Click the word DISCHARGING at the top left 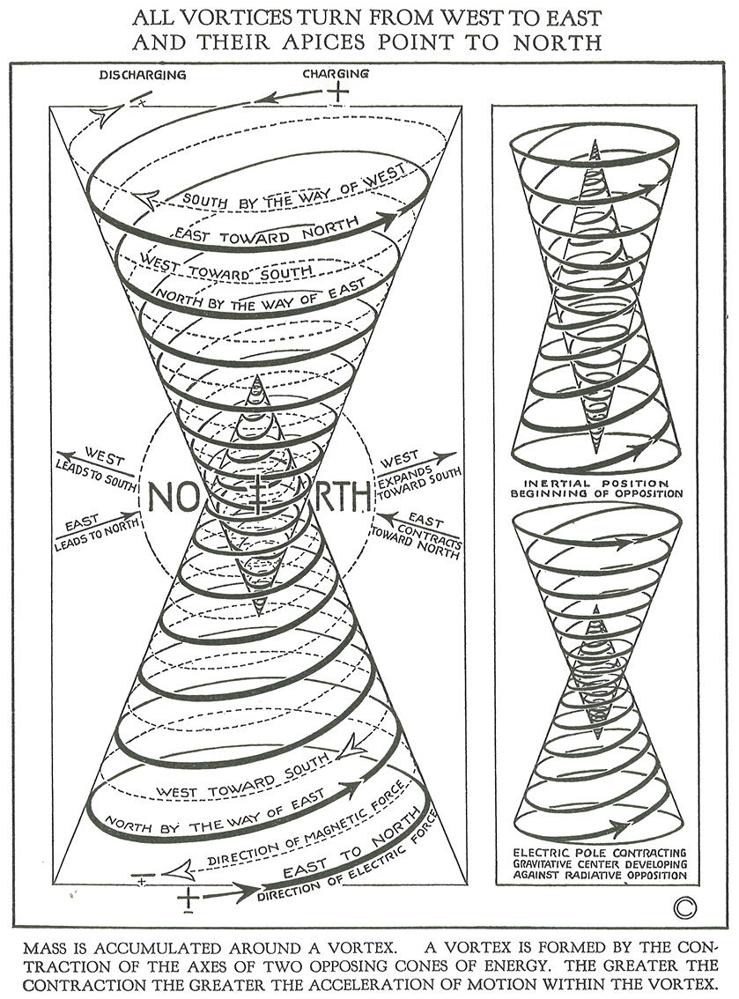coord(142,75)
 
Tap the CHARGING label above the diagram coord(336,74)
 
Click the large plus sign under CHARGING coord(336,92)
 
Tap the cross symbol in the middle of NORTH coord(259,497)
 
